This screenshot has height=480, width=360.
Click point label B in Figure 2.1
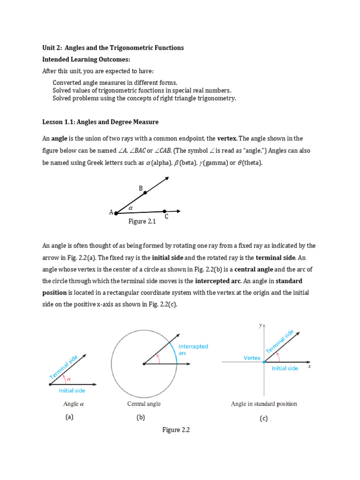(140, 188)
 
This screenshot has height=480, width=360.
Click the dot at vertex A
(116, 213)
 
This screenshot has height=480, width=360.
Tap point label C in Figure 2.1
(166, 217)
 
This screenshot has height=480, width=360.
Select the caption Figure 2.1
(142, 222)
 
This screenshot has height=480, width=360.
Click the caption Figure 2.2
(176, 429)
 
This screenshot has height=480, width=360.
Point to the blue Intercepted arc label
(193, 350)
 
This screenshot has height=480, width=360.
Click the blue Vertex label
(252, 358)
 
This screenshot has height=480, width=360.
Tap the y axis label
(260, 324)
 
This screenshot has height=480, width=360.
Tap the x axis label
(309, 367)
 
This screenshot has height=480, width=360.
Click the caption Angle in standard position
(264, 404)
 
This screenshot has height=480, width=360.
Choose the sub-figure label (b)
(141, 418)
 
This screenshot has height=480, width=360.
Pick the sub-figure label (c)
(263, 419)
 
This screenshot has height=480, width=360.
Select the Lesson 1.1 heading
(101, 122)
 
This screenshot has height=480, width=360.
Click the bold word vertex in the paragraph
(227, 139)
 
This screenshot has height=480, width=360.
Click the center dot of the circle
(144, 363)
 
